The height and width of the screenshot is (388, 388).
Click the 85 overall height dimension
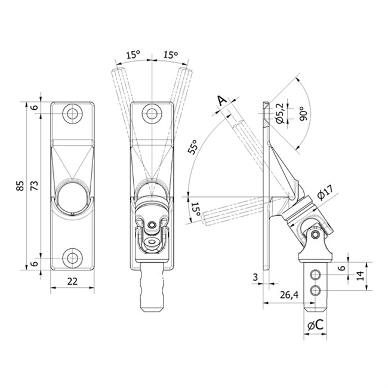21,186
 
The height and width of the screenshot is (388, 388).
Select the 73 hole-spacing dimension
35,186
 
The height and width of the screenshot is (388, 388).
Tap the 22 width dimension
72,281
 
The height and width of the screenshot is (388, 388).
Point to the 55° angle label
193,147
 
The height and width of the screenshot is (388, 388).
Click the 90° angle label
303,113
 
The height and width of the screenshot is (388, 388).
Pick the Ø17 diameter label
325,192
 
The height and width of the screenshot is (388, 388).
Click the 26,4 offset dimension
290,295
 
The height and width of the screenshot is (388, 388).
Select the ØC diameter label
315,325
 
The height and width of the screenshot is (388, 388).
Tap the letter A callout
222,101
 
